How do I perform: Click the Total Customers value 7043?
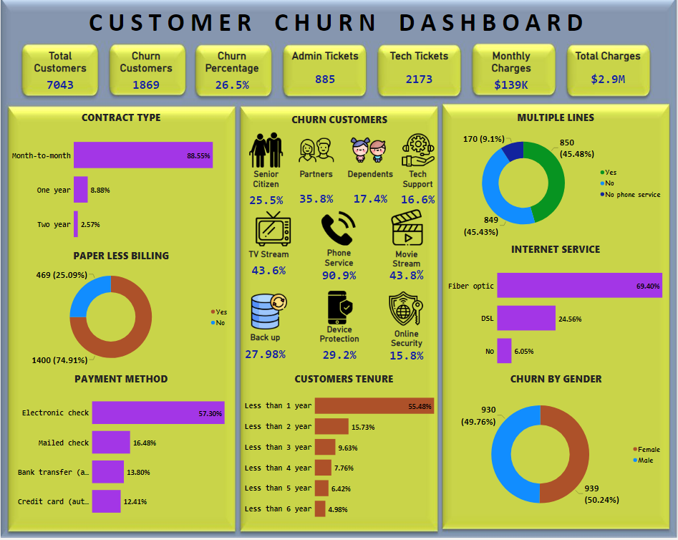click(x=60, y=85)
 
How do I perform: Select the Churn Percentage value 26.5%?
click(x=232, y=85)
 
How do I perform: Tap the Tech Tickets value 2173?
click(x=419, y=79)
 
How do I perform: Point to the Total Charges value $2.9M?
click(x=608, y=79)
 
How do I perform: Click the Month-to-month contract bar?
click(x=143, y=155)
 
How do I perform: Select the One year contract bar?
click(x=80, y=190)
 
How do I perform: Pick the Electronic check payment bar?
click(x=158, y=413)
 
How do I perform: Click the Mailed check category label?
click(x=64, y=443)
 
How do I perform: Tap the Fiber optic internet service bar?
click(x=578, y=286)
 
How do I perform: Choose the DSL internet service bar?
click(x=526, y=318)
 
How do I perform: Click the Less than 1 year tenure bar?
click(x=374, y=406)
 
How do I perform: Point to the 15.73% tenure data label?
click(x=363, y=427)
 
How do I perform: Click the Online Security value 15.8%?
click(x=406, y=355)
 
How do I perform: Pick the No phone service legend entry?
click(x=629, y=195)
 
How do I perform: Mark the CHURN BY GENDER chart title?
click(x=556, y=379)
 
